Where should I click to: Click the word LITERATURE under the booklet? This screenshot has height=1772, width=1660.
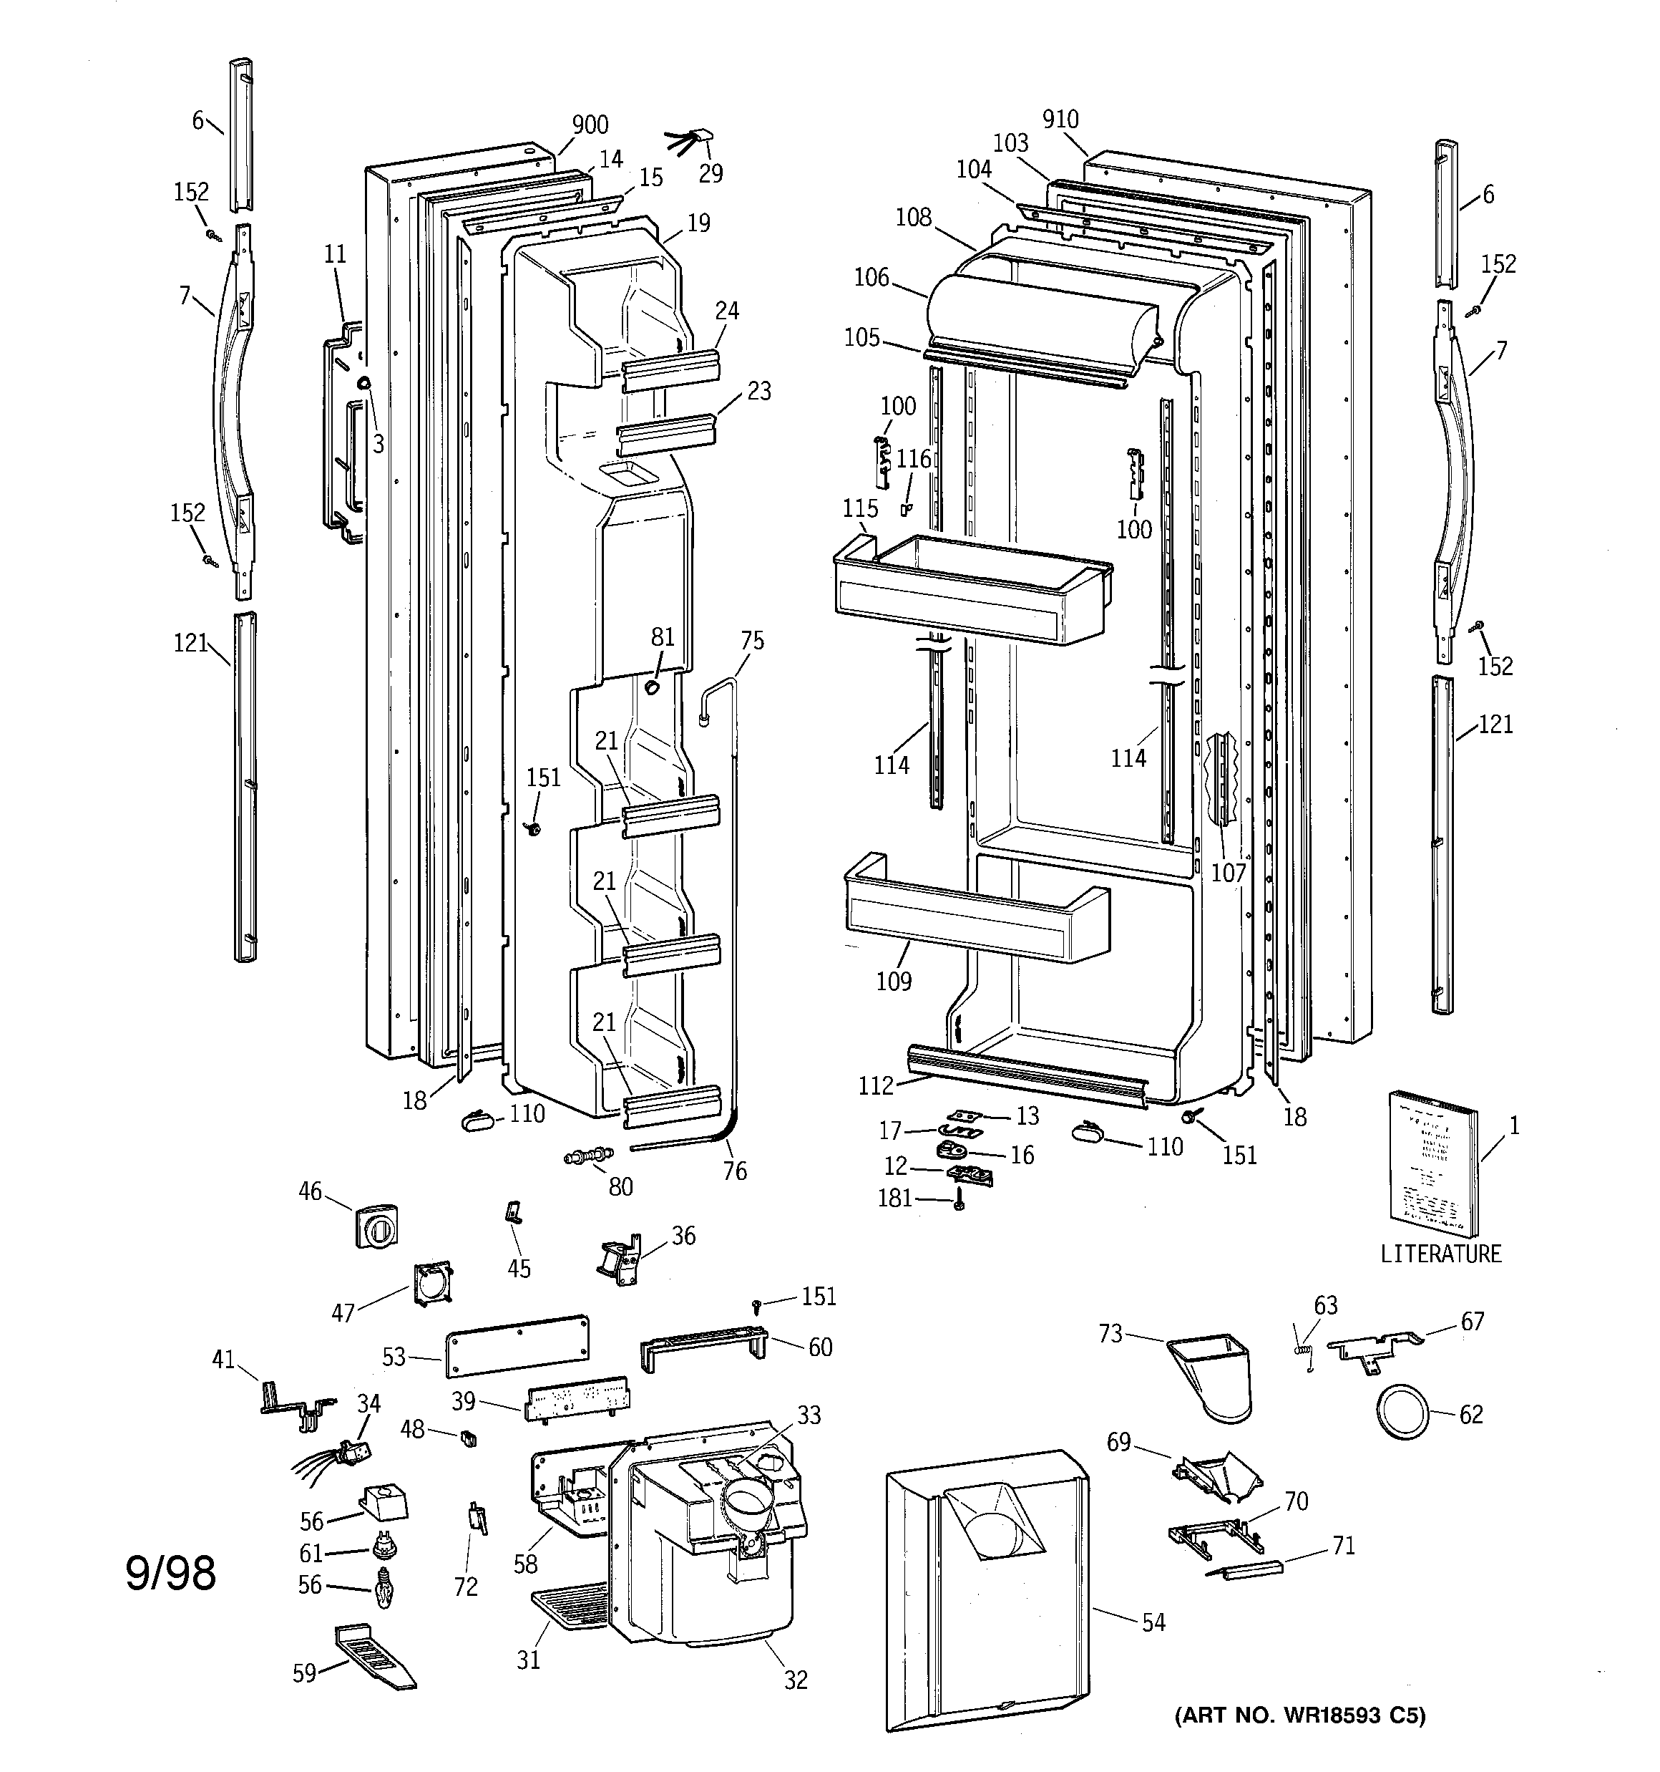click(x=1440, y=1253)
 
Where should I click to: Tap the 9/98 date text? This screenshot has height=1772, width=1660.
click(x=170, y=1573)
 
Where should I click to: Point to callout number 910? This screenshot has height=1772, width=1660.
click(x=1060, y=119)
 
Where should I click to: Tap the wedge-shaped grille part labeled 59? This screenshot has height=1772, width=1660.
click(x=374, y=1656)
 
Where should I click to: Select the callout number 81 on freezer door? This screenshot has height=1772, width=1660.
click(x=662, y=636)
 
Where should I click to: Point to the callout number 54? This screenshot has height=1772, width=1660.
click(x=1153, y=1622)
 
